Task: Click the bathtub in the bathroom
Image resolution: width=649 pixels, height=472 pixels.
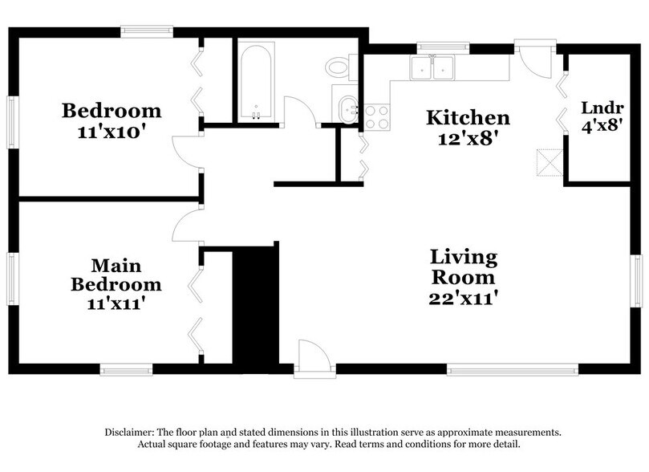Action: click(257, 81)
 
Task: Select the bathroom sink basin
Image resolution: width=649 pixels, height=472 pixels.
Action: click(347, 108)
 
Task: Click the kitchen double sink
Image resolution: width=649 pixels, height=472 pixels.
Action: click(432, 67)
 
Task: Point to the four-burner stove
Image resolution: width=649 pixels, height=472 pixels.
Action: click(376, 117)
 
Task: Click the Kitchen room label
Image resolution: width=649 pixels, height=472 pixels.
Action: click(467, 118)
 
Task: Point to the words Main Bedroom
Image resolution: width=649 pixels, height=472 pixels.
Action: click(116, 275)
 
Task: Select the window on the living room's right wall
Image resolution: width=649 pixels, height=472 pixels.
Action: click(635, 282)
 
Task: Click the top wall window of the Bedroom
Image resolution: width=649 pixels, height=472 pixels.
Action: click(147, 31)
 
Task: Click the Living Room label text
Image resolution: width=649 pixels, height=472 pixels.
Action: click(464, 267)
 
